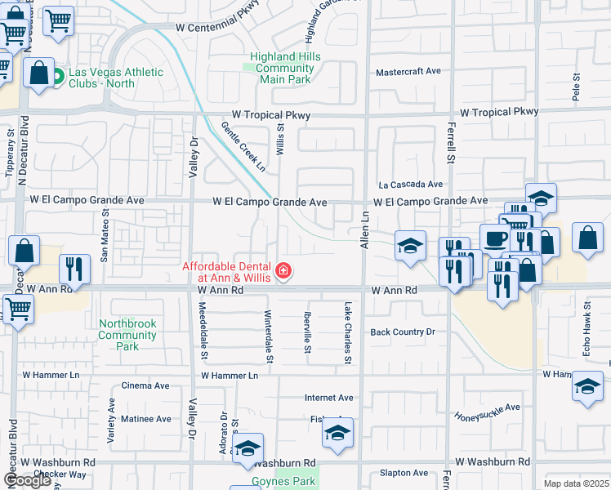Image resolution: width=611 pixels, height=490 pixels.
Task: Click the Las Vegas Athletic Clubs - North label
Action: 115,78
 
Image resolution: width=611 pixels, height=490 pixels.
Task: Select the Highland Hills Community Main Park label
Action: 285,68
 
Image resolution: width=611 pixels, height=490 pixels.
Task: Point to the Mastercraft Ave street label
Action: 408,72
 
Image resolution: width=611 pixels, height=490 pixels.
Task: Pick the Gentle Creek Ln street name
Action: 243,146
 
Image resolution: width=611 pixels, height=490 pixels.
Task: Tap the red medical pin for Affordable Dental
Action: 283,271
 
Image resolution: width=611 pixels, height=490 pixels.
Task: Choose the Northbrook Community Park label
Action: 127,335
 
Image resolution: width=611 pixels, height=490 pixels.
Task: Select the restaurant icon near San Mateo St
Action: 74,268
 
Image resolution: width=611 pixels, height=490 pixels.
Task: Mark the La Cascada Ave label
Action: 409,185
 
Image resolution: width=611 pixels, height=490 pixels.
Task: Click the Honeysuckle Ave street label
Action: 487,411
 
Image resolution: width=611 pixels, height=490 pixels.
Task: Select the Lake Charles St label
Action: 347,332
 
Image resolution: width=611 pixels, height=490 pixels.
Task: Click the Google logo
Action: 27,480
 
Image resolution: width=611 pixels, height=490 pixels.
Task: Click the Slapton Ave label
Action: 404,473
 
